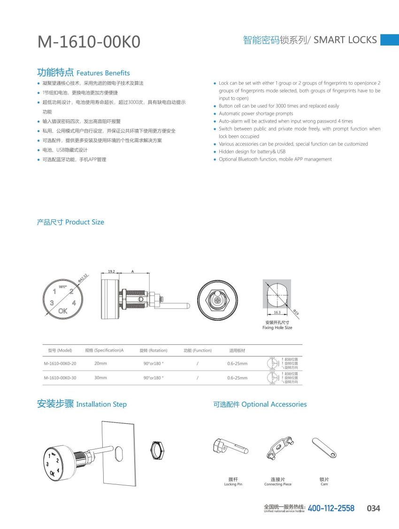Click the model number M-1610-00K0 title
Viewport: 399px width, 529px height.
coord(89,42)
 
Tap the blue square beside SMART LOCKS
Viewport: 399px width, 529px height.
coord(389,39)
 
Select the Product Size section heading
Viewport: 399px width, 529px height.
coord(70,222)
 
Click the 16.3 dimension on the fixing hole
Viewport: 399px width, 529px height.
coord(277,312)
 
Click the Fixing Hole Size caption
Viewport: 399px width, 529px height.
coord(277,327)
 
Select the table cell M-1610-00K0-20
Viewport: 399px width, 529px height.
coord(60,364)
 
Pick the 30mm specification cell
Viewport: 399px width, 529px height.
coord(100,378)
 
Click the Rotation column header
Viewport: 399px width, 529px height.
coord(153,350)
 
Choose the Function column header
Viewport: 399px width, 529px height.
coord(197,350)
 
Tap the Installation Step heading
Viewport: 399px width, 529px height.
coord(82,404)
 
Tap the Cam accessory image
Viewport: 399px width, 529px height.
coord(324,448)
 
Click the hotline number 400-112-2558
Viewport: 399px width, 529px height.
coord(331,508)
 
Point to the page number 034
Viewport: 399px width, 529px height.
coord(373,508)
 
